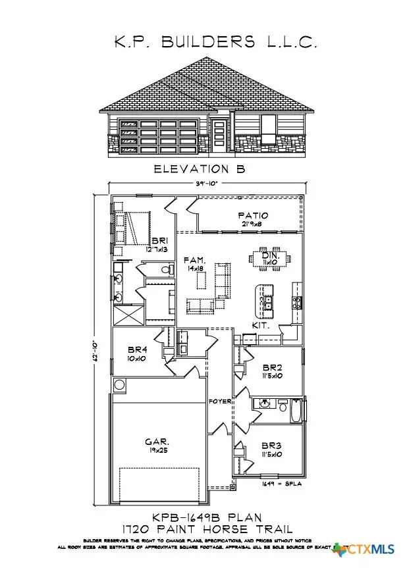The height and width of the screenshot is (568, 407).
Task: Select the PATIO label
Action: [253, 215]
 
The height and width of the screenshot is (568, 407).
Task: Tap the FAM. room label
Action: [195, 261]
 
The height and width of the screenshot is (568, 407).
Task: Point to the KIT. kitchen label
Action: [260, 326]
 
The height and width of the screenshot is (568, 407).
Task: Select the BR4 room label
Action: [136, 350]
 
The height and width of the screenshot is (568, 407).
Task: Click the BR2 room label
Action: [272, 368]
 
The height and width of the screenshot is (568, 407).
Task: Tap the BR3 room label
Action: [272, 446]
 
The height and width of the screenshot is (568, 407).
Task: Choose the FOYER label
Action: [218, 401]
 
